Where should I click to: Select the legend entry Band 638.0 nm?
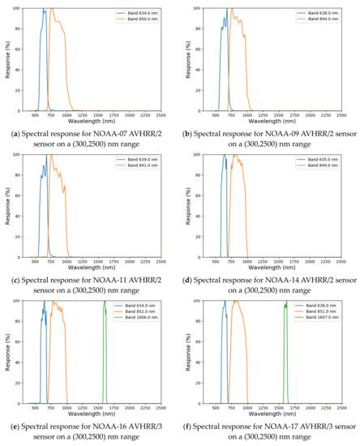pos(311,12)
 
